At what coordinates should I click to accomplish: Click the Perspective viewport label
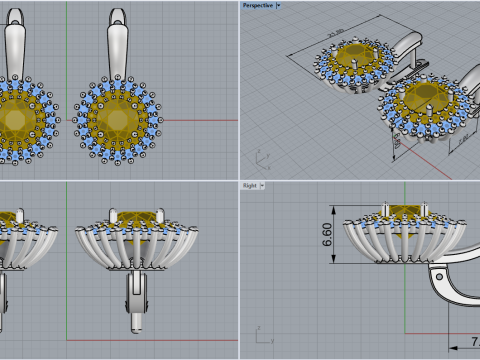(x=258, y=5)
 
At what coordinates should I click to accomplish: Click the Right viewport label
(x=250, y=185)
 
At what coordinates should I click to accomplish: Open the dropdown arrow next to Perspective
(x=279, y=5)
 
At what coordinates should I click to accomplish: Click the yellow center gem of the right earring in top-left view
(x=116, y=120)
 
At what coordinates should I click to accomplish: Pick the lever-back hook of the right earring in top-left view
(x=117, y=45)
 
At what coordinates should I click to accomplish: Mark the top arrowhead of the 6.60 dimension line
(x=336, y=207)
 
